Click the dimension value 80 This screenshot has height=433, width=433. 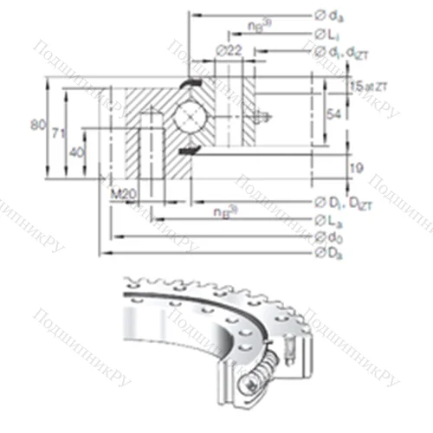36,125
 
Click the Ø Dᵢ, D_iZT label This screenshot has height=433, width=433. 343,203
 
